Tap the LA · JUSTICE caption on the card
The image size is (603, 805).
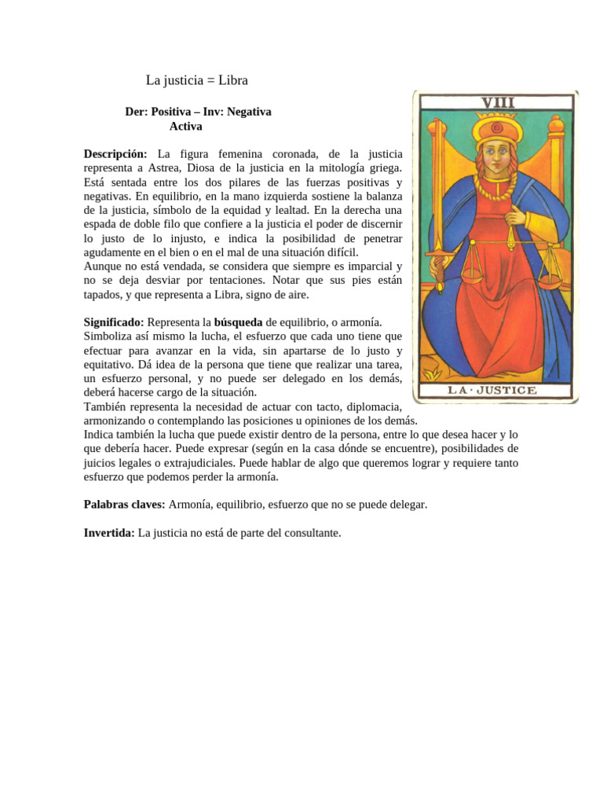[x=492, y=390]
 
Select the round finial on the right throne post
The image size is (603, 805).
[x=555, y=125]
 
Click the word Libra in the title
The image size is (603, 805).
[x=233, y=80]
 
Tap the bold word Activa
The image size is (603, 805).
[x=186, y=126]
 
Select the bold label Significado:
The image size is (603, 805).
[x=114, y=323]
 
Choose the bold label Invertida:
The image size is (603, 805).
[x=109, y=533]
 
